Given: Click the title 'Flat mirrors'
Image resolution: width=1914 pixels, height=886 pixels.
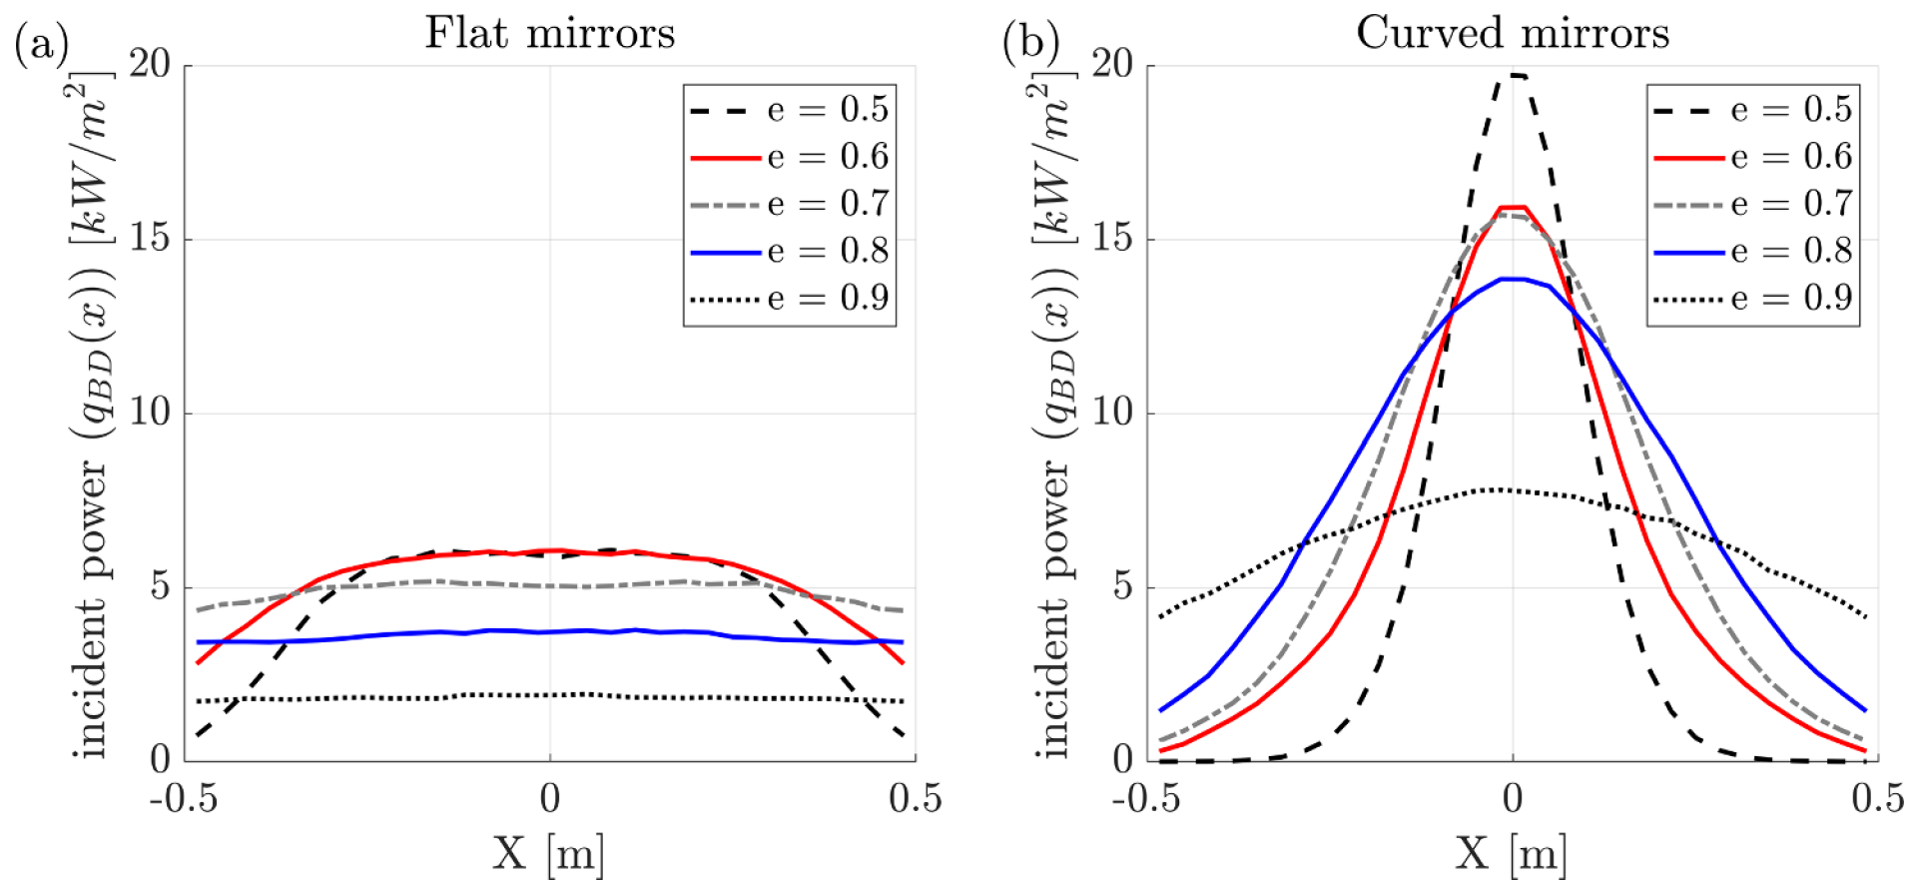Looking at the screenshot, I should (x=549, y=33).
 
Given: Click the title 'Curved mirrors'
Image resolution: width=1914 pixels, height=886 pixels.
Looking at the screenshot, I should (x=1512, y=33).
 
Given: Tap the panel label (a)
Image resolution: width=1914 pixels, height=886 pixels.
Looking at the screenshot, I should (x=41, y=45).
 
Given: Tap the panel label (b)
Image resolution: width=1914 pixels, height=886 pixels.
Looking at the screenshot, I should (x=1030, y=45).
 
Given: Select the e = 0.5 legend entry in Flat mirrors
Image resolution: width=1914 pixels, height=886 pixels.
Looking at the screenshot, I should (x=789, y=109).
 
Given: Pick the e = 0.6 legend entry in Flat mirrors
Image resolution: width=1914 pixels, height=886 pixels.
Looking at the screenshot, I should (x=789, y=157).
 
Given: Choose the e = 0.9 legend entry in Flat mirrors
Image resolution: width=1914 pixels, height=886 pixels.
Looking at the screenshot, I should (x=789, y=298).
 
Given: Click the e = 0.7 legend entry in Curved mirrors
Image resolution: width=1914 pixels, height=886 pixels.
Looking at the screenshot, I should (x=1752, y=204).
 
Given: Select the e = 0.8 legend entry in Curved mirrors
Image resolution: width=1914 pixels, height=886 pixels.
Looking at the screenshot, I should (x=1752, y=251).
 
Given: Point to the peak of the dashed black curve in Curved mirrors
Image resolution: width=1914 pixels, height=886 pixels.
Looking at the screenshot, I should (x=1516, y=75).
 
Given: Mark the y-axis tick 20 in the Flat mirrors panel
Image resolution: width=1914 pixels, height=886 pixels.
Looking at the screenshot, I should (x=150, y=65).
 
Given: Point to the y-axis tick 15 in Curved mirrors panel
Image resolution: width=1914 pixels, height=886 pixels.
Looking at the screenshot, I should (x=1112, y=239).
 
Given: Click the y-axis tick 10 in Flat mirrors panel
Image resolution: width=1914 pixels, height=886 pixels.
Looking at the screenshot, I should (x=150, y=413).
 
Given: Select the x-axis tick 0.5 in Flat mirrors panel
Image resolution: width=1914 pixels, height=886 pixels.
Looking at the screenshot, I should (x=915, y=799).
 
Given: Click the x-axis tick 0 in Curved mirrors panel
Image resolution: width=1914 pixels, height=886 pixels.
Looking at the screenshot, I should (x=1513, y=799).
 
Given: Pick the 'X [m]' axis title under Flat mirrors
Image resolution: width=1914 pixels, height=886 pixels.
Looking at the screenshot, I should (x=548, y=854).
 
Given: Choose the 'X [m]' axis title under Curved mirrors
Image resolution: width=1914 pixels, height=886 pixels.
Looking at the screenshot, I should (x=1512, y=854).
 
